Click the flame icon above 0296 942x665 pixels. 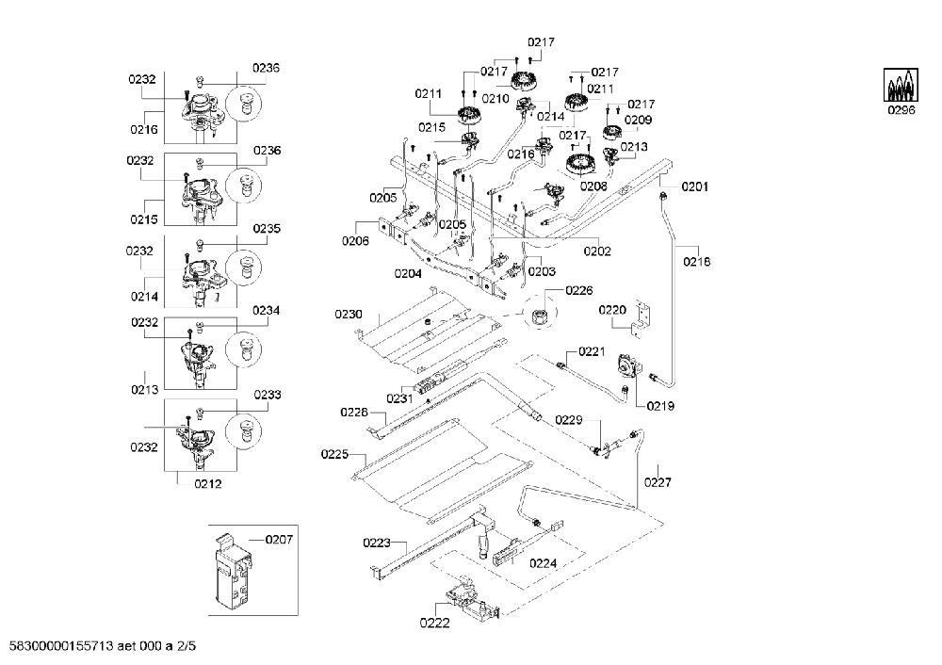pos(901,86)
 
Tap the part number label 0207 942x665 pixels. pos(279,540)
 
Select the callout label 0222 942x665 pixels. pos(434,623)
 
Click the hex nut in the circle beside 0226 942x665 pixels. pos(538,314)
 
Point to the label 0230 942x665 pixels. pos(349,315)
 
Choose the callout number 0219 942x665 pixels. pos(660,406)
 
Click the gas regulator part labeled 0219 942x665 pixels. pos(628,365)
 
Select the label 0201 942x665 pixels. pos(694,187)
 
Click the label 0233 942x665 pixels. pos(268,395)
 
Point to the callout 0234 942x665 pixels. pos(267,311)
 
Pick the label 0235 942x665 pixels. pos(267,228)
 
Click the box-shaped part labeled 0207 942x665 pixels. pos(232,570)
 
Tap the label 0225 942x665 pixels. pos(334,454)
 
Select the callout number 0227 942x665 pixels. pos(658,481)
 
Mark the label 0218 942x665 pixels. pos(697,261)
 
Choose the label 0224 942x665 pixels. pos(544,563)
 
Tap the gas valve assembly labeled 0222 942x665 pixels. pos(473,599)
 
